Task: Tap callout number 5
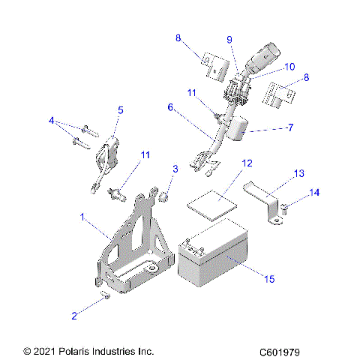pyautogui.click(x=120, y=109)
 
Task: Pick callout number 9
pyautogui.click(x=229, y=40)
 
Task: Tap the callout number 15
pyautogui.click(x=269, y=279)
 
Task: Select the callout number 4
pyautogui.click(x=51, y=121)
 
